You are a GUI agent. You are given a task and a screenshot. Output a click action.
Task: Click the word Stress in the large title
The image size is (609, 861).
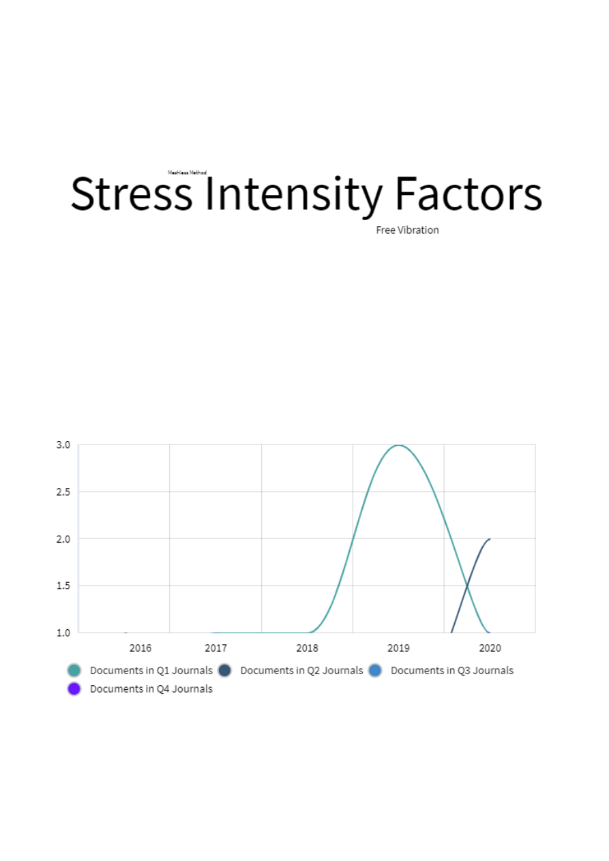[x=132, y=194]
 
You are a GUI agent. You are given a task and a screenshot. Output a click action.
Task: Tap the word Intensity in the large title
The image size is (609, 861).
[x=293, y=194]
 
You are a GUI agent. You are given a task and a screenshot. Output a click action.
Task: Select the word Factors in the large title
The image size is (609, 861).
[x=469, y=194]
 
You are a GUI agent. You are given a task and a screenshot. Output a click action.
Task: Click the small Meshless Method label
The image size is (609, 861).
[x=187, y=173]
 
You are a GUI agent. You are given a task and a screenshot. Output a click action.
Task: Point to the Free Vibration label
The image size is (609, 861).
[x=407, y=230]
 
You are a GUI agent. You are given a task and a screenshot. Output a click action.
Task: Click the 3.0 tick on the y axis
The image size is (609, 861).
[x=63, y=444]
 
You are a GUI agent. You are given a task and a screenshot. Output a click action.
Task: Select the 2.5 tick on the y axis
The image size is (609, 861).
[x=63, y=492]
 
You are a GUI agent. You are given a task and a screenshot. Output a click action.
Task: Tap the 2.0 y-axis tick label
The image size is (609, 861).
[x=63, y=539]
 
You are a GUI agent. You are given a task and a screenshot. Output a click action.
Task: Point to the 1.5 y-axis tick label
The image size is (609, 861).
[x=63, y=586]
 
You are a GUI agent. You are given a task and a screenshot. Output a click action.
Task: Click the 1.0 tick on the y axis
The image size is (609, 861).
[x=63, y=633]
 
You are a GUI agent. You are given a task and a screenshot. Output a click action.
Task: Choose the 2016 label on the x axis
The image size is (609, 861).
[x=140, y=648]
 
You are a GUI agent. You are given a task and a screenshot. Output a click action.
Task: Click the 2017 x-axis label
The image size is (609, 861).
[x=216, y=648]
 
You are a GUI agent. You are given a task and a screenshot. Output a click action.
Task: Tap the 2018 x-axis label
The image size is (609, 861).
[x=308, y=648]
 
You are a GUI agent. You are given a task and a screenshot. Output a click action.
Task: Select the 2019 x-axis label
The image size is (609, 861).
[x=398, y=648]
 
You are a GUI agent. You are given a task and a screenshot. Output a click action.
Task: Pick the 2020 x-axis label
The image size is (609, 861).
[x=490, y=648]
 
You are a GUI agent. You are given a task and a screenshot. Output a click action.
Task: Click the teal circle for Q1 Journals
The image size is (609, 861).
[x=74, y=670]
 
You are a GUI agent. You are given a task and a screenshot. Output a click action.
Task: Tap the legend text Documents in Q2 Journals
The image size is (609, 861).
[x=301, y=670]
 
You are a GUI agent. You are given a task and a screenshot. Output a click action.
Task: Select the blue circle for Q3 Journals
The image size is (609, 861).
[x=374, y=670]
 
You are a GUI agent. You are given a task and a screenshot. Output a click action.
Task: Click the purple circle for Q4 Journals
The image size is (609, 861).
[x=74, y=689]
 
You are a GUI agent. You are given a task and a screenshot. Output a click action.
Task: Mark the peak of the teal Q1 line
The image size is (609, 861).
[x=398, y=445]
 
